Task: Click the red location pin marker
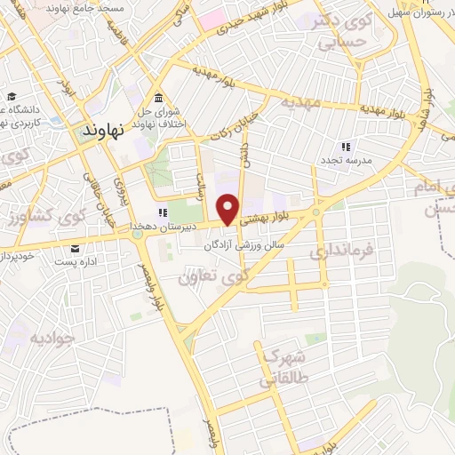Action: [x=228, y=208]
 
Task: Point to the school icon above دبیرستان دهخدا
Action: [x=163, y=213]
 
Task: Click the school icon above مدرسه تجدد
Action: [x=347, y=146]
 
